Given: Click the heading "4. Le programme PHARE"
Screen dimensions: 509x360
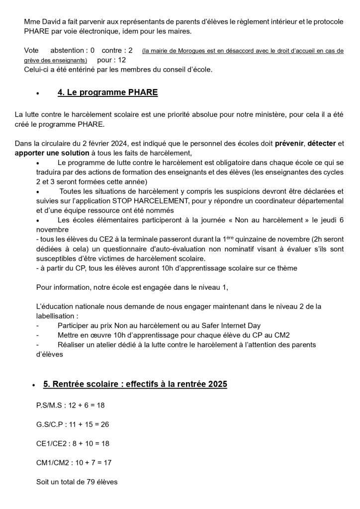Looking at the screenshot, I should [107, 93].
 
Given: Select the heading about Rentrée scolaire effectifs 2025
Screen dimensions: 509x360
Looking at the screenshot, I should [135, 384].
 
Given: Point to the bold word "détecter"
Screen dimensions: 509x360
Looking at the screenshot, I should [321, 144].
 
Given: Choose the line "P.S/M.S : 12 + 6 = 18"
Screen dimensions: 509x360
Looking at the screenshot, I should [71, 405].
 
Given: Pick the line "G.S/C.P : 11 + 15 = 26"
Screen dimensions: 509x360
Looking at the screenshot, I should [73, 424].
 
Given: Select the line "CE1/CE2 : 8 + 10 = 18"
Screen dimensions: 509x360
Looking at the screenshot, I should [73, 443].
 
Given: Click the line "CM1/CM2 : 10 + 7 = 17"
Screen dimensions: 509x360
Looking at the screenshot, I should [74, 462].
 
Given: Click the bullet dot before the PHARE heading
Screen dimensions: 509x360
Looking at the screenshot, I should [38, 93].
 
